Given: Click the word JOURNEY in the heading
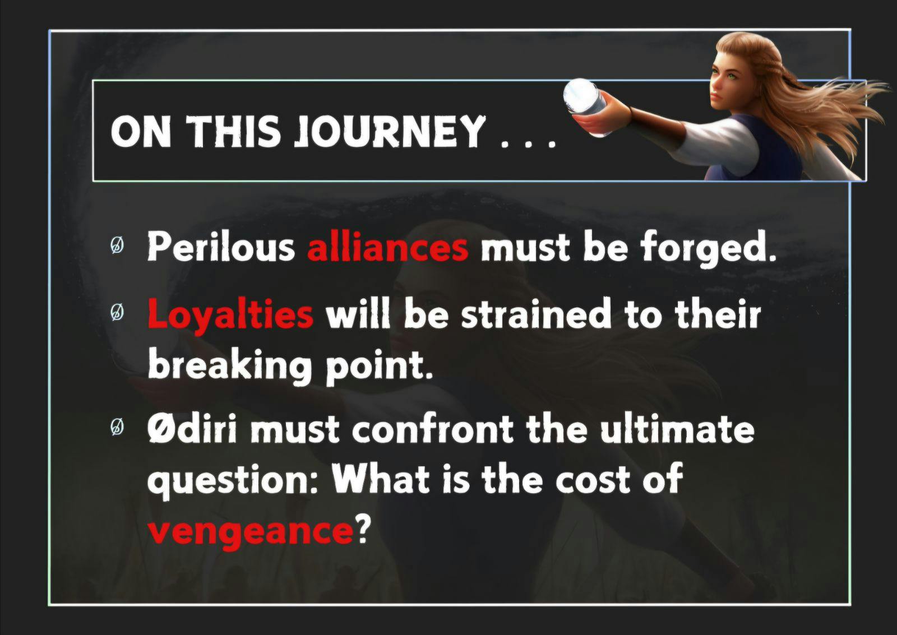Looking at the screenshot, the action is [391, 131].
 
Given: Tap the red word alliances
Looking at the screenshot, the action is [387, 247].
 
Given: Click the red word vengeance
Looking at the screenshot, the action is [251, 532].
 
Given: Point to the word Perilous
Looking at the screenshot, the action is [221, 247].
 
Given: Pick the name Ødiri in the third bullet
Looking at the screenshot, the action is [192, 429].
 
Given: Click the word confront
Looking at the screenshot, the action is [432, 430].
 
